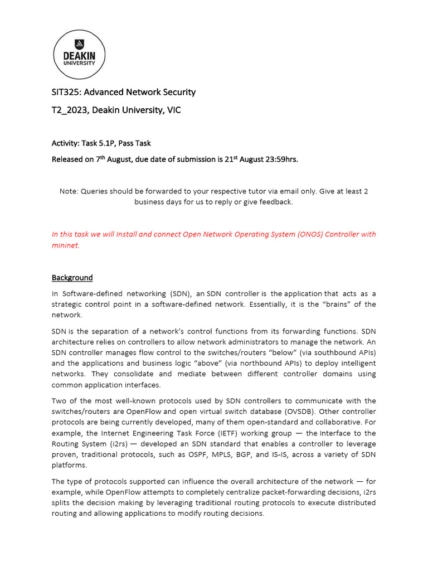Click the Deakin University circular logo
pyautogui.click(x=81, y=55)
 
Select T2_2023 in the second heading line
pyautogui.click(x=72, y=110)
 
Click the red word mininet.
pyautogui.click(x=65, y=245)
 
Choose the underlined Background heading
pyautogui.click(x=72, y=278)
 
